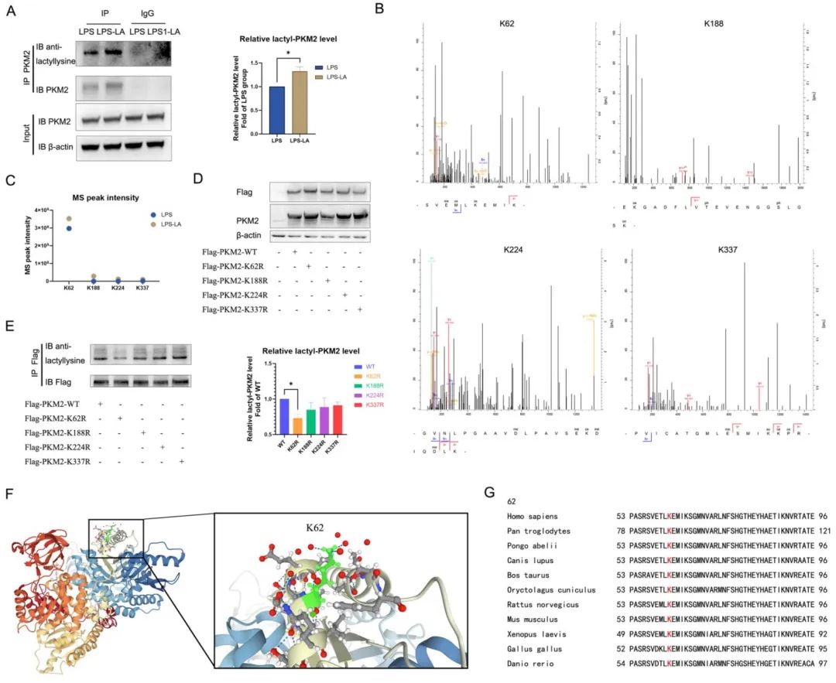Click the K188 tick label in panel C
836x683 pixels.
94,292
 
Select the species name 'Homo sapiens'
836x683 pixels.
530,517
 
